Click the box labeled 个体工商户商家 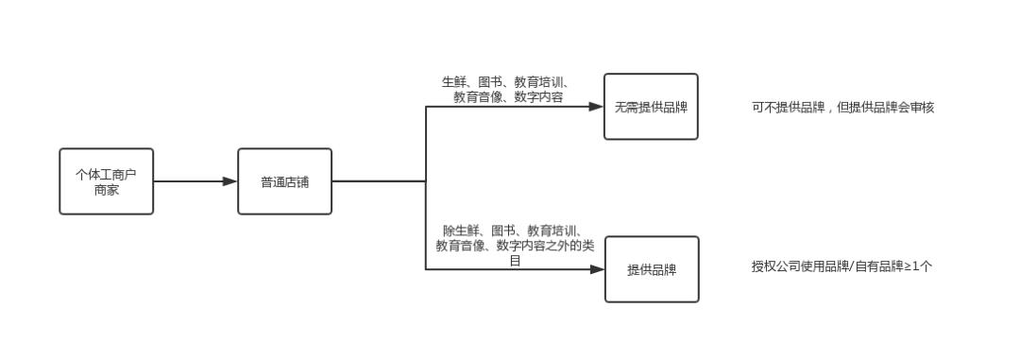click(x=106, y=181)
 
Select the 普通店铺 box click(x=284, y=181)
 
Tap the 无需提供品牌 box click(x=651, y=107)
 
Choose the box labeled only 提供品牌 click(x=652, y=269)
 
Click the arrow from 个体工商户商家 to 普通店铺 click(x=195, y=181)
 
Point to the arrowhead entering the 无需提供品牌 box click(x=597, y=107)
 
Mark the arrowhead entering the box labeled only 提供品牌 click(x=598, y=269)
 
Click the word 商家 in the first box click(x=106, y=189)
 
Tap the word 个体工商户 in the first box click(x=106, y=174)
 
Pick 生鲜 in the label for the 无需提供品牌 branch click(x=454, y=82)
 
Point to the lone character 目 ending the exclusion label click(x=515, y=260)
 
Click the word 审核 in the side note click(x=922, y=108)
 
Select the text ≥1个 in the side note click(x=920, y=266)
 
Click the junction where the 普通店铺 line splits click(x=426, y=181)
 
